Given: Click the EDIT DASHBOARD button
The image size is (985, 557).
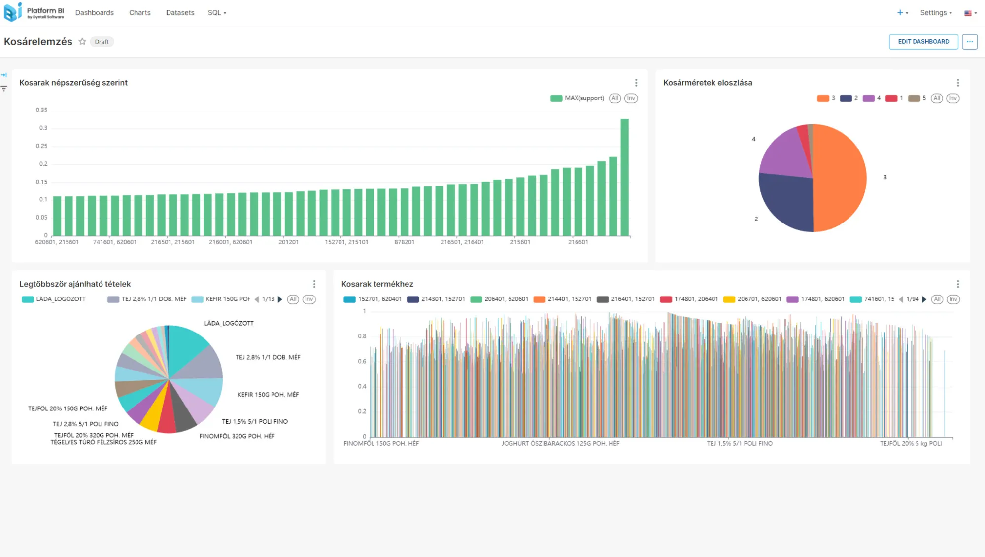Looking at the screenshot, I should [923, 42].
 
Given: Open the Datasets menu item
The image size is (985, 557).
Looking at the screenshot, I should [180, 13].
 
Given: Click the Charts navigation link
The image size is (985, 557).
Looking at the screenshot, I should [139, 13].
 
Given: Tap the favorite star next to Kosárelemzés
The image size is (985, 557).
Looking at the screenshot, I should [82, 42].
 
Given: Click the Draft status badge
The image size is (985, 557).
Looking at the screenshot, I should [102, 42].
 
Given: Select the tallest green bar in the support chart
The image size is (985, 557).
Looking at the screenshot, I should [624, 178].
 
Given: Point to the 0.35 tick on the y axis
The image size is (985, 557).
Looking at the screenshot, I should [42, 110].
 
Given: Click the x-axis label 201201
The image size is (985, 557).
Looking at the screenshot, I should [288, 242].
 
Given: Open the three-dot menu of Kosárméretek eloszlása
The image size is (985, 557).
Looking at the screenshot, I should [957, 83].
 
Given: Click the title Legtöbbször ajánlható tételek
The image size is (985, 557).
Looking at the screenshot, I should [75, 284].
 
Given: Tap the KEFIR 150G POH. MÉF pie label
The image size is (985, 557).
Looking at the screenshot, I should [268, 395].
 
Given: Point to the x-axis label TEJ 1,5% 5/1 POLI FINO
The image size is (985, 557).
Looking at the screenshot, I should [739, 444].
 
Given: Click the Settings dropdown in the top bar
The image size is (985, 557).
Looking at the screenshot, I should [935, 13].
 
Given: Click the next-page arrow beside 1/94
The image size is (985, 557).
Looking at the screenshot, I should [924, 299].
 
